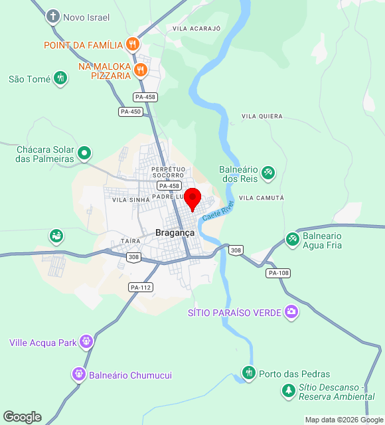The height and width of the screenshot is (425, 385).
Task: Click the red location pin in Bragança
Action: (193, 199)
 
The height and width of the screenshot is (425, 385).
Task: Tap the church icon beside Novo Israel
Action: (53, 17)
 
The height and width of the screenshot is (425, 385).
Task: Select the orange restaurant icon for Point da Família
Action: (133, 44)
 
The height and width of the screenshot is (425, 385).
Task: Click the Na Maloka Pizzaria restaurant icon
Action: (140, 70)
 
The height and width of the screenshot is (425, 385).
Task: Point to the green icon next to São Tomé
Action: (60, 79)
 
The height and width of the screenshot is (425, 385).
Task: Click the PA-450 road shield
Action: (131, 112)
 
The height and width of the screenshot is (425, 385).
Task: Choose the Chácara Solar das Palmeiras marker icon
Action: (84, 153)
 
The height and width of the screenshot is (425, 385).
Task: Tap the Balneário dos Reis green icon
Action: (268, 173)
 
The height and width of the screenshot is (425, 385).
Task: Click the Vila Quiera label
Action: (262, 116)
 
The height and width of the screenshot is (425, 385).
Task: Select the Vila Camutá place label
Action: (261, 198)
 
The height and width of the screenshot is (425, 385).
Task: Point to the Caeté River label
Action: (218, 211)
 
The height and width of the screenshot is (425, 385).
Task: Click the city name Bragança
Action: (175, 232)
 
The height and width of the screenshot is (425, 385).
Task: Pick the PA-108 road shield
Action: (279, 273)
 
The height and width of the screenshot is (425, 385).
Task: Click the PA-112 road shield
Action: (141, 287)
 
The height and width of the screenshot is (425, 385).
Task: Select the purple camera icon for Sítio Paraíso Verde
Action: (291, 311)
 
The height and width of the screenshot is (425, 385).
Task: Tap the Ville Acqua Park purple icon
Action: (86, 342)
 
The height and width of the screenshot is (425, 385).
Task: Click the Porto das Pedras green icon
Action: (249, 373)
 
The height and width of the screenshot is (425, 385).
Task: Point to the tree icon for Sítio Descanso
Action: (289, 391)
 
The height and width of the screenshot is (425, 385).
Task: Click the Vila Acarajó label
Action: (196, 29)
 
